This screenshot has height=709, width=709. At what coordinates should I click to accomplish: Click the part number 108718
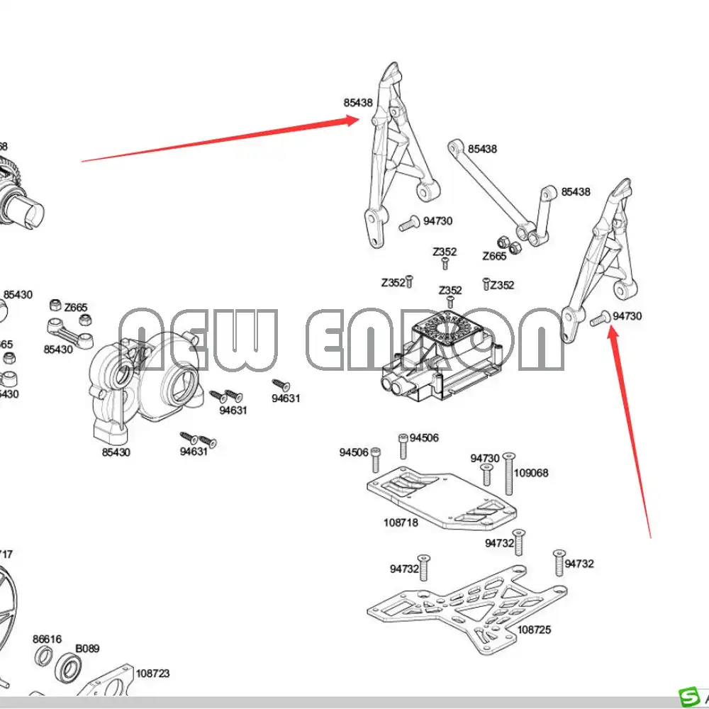401,523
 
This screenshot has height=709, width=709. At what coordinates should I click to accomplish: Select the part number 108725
534,629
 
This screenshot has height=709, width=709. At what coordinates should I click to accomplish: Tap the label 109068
531,473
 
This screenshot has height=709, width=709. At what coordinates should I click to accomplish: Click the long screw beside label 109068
508,474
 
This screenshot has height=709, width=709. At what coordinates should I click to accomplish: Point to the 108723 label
152,674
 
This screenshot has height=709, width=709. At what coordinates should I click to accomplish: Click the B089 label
87,648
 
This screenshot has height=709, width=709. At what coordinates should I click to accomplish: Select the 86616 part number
47,639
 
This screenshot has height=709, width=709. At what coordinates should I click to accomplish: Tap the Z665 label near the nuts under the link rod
494,257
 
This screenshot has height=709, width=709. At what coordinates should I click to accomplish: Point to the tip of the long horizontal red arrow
358,121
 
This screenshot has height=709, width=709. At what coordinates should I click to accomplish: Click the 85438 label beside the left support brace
358,103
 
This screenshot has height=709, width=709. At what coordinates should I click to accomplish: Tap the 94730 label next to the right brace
627,316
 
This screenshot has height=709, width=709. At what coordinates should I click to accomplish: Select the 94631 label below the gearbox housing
194,452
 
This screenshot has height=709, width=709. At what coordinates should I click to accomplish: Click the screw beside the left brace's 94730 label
408,224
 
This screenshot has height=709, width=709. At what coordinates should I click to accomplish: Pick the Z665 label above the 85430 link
76,308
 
